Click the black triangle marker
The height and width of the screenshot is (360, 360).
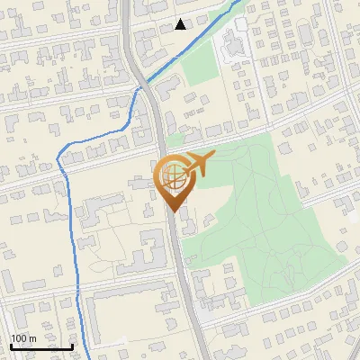pyautogui.click(x=181, y=24)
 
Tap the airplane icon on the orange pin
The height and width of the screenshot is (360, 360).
pyautogui.click(x=197, y=165)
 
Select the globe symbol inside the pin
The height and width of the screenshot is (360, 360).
pyautogui.click(x=173, y=178)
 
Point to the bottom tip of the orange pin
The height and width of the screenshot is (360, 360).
pyautogui.click(x=173, y=211)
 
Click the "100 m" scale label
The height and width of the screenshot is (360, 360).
pyautogui.click(x=23, y=338)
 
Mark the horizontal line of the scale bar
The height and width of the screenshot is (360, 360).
pyautogui.click(x=41, y=346)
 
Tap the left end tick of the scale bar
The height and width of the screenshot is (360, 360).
pyautogui.click(x=11, y=345)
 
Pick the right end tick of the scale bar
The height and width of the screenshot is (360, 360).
pyautogui.click(x=73, y=345)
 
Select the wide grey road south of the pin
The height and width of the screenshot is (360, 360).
pyautogui.click(x=178, y=270)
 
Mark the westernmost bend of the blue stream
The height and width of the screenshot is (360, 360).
pyautogui.click(x=59, y=162)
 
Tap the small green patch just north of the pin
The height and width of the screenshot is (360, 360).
pyautogui.click(x=175, y=140)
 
